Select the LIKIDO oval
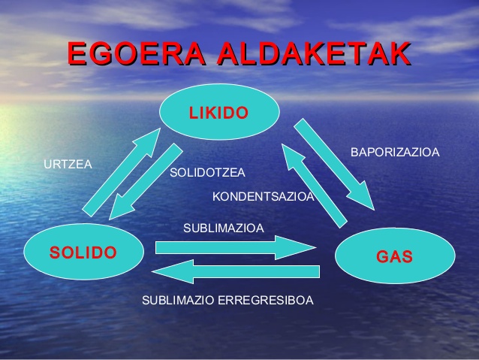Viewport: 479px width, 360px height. tap(218, 113)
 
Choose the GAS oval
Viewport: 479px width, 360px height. tap(394, 256)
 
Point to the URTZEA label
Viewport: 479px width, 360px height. tap(68, 164)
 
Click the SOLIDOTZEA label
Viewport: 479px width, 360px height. tap(207, 173)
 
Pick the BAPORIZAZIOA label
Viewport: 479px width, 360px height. tap(395, 153)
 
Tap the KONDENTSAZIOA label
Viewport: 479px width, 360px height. tap(263, 197)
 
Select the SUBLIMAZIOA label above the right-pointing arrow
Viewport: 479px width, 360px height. tap(223, 228)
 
